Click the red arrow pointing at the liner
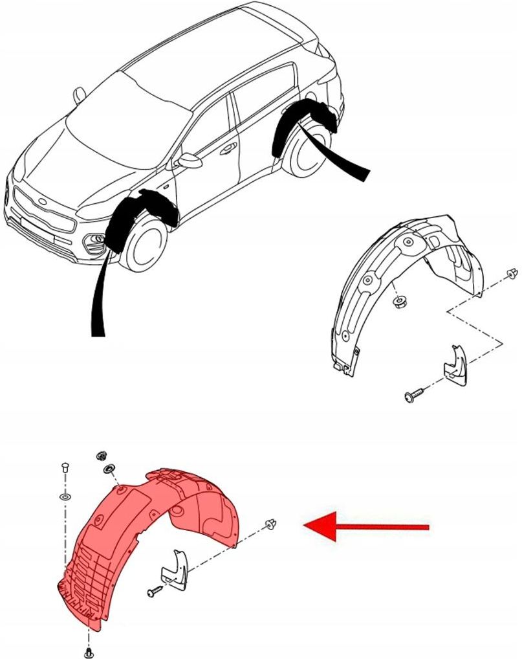coord(365,526)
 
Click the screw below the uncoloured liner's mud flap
coord(412,396)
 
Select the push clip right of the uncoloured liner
coord(513,276)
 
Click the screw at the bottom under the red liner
coord(89,651)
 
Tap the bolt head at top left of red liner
coord(64,468)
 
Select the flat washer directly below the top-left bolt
coord(65,497)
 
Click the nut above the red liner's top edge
coord(101,456)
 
